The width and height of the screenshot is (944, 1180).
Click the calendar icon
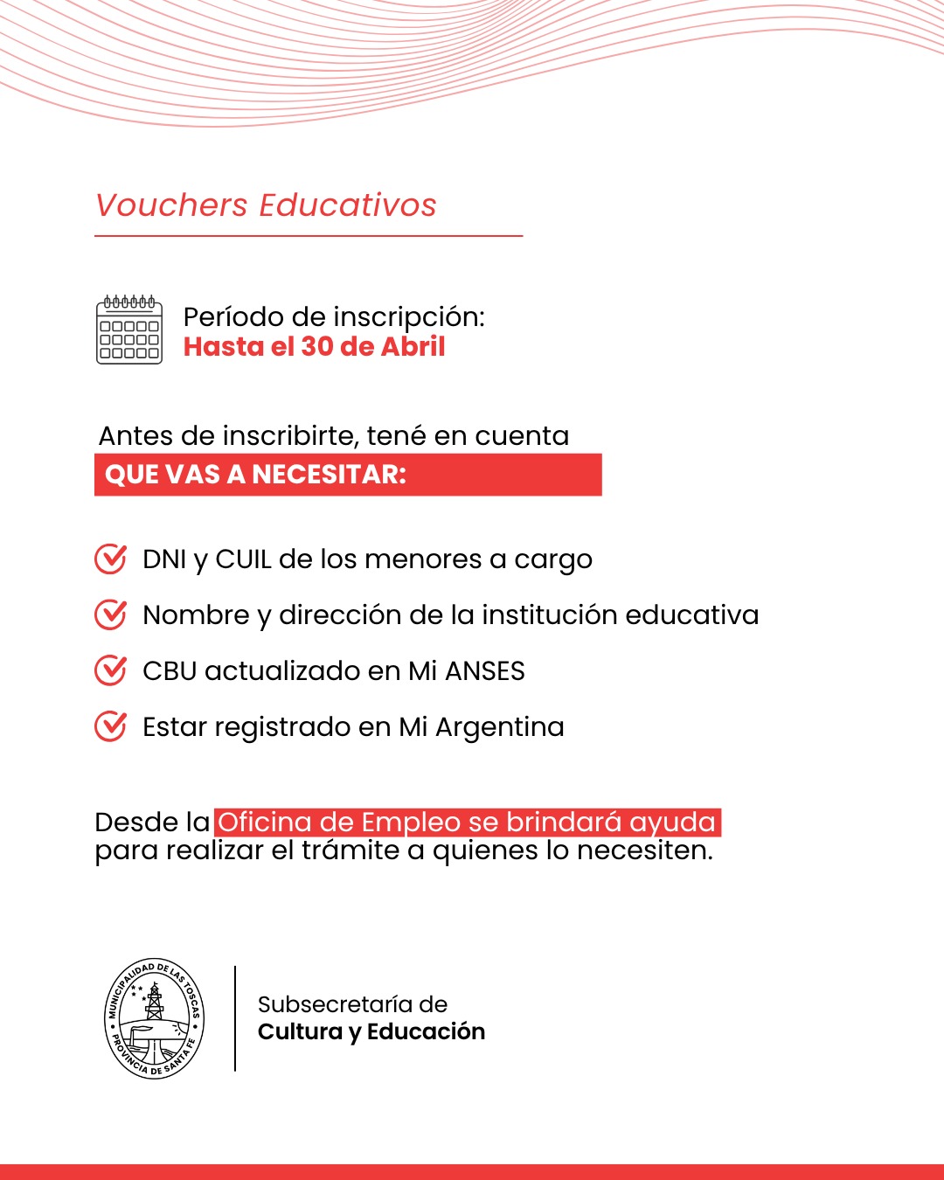[x=129, y=330]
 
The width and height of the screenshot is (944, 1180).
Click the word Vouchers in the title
[x=172, y=205]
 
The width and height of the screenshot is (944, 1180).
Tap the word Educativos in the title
[x=347, y=205]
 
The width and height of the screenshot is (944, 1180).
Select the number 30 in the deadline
[x=317, y=347]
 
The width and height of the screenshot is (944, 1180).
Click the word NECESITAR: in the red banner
[x=330, y=475]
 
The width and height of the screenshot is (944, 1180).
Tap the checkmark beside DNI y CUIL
[x=110, y=559]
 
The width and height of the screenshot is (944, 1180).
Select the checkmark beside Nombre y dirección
[x=110, y=614]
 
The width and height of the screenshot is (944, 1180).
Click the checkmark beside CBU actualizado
[x=110, y=670]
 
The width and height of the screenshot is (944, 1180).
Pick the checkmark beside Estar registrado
[x=110, y=726]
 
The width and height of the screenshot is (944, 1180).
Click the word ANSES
[x=485, y=671]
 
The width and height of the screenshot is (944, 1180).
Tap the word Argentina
[x=500, y=727]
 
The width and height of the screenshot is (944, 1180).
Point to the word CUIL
[x=243, y=559]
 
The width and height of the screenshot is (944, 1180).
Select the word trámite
[x=351, y=850]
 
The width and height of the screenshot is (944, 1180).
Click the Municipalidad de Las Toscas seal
[x=155, y=1018]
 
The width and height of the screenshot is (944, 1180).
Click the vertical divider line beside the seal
[x=235, y=1018]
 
